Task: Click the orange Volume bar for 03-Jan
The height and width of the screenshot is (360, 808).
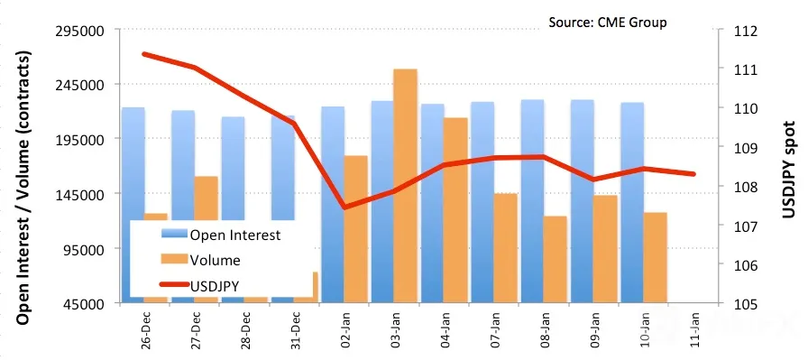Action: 405,186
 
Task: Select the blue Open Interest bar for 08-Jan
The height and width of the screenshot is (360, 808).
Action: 532,201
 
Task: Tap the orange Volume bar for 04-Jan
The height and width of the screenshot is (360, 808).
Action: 455,210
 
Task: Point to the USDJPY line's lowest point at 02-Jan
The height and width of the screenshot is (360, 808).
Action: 345,208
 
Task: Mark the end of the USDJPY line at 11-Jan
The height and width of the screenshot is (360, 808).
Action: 693,174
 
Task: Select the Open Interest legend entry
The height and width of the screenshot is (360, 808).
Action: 221,235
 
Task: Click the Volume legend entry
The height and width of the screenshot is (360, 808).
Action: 201,260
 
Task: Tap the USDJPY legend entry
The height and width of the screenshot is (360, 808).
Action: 199,285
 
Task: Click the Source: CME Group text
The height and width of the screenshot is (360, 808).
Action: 608,23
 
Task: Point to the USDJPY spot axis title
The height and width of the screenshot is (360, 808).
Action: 789,169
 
